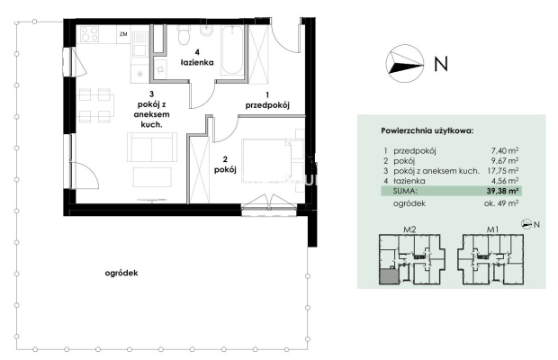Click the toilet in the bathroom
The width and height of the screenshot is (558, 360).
click(x=184, y=35)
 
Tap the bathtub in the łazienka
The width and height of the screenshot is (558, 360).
click(x=232, y=49)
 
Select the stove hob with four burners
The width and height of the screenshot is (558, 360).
click(x=89, y=34)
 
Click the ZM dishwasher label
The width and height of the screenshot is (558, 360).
click(x=123, y=34)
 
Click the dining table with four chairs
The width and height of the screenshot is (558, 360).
click(x=94, y=105)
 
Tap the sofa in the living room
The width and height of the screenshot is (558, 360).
click(x=152, y=148)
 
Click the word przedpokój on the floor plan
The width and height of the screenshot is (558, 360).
click(x=267, y=105)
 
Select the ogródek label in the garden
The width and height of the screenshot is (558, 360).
click(x=121, y=274)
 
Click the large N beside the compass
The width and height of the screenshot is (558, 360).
click(x=441, y=64)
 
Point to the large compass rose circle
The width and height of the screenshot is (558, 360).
click(x=405, y=64)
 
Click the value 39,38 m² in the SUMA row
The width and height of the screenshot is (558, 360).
click(x=502, y=191)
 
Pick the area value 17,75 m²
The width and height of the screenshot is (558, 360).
click(x=502, y=171)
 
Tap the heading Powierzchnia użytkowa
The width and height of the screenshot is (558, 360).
click(x=427, y=130)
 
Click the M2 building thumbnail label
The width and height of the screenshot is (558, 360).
click(x=409, y=229)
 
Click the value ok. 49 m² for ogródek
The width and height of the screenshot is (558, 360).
click(x=500, y=203)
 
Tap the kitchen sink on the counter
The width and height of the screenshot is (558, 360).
click(x=140, y=43)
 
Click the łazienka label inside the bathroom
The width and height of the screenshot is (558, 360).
click(x=197, y=63)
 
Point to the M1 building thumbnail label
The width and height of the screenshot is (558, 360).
click(x=492, y=229)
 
